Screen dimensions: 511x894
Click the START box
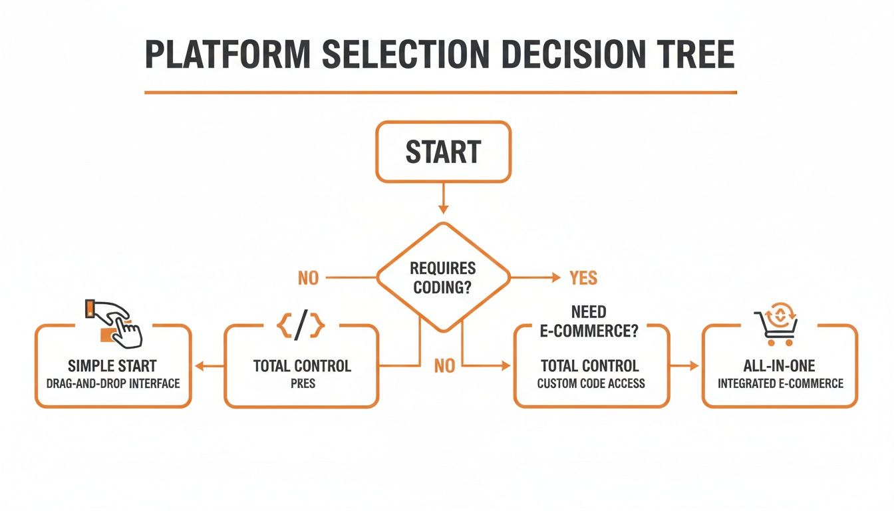pos(443,152)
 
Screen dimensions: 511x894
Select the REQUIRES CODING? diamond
pos(443,277)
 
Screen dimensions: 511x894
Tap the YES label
pos(583,278)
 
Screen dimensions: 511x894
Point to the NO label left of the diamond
pos(308,278)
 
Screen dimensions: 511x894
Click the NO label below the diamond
pos(444,365)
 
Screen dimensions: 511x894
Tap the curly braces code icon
pos(301,326)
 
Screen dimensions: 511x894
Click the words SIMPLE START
pos(112,365)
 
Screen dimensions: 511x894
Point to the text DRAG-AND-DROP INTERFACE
pos(112,383)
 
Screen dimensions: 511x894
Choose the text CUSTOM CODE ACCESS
pos(591,383)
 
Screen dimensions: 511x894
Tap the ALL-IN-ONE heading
pos(780,365)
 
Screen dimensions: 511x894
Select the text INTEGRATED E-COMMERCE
pos(780,383)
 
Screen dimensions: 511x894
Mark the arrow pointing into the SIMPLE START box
pos(208,365)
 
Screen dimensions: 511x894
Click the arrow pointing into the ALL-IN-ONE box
pos(685,365)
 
